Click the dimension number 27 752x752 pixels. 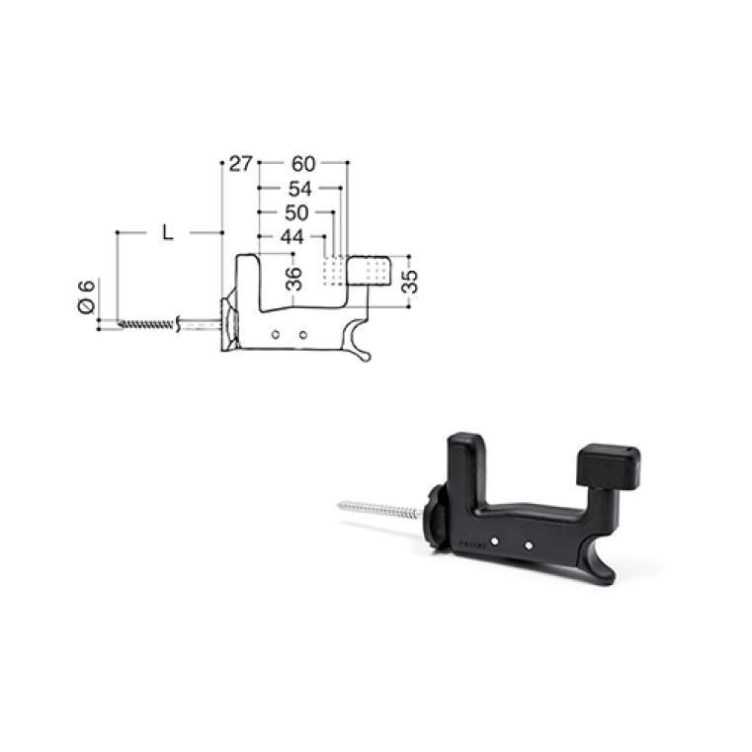click(x=240, y=164)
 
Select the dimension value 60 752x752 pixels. click(x=303, y=164)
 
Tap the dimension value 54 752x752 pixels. click(x=299, y=189)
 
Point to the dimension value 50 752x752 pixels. click(x=296, y=212)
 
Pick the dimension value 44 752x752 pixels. click(x=292, y=237)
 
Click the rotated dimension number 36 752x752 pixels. click(x=293, y=279)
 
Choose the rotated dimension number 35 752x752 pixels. click(x=410, y=282)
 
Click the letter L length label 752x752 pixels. click(x=167, y=233)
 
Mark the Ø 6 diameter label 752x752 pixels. click(x=87, y=296)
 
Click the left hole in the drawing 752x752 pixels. click(x=276, y=334)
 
